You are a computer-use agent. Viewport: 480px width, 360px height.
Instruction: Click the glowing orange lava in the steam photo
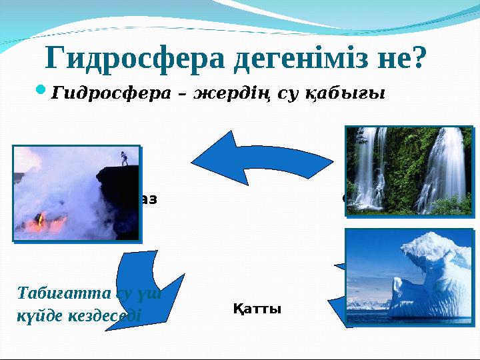pyautogui.click(x=41, y=220)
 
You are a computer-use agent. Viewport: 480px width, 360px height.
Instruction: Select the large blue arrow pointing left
pyautogui.click(x=257, y=158)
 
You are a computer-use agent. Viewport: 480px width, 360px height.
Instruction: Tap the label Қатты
pyautogui.click(x=257, y=309)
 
